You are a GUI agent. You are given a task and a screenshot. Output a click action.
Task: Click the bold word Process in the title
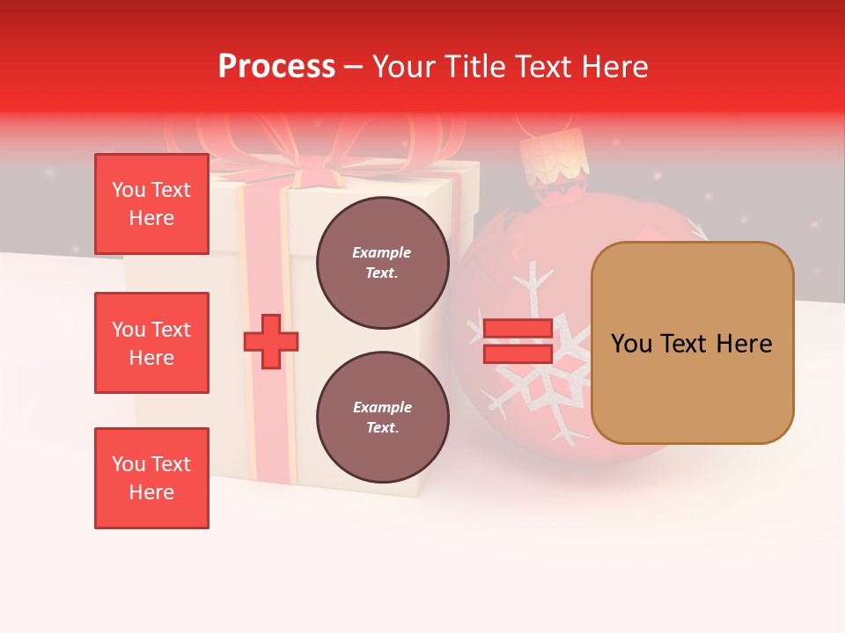pyautogui.click(x=276, y=66)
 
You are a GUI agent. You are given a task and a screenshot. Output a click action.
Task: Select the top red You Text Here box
pyautogui.click(x=151, y=204)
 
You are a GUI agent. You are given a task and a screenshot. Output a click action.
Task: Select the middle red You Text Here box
pyautogui.click(x=151, y=343)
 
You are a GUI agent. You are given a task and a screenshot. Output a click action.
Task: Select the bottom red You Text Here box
pyautogui.click(x=151, y=478)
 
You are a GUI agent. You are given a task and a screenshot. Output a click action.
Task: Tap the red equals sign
pyautogui.click(x=518, y=341)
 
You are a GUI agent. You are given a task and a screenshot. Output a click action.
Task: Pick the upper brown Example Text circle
pyautogui.click(x=382, y=263)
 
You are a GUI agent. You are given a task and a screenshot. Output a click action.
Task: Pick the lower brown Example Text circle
pyautogui.click(x=382, y=418)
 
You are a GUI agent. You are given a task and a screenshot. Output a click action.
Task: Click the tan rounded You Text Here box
pyautogui.click(x=692, y=343)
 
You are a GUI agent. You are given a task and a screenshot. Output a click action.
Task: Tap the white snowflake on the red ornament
pyautogui.click(x=537, y=369)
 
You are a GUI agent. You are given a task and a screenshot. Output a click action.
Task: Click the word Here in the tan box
pyautogui.click(x=744, y=344)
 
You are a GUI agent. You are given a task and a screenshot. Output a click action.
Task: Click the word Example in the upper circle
pyautogui.click(x=382, y=252)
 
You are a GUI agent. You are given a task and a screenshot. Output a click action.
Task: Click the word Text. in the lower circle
pyautogui.click(x=382, y=428)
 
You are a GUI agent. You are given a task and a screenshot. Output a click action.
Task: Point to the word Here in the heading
pyautogui.click(x=615, y=66)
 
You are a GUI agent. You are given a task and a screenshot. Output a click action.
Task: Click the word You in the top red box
pyautogui.click(x=128, y=190)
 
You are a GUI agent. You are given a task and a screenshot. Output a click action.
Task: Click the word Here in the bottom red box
pyautogui.click(x=151, y=492)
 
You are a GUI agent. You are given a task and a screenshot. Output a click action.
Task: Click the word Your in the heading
pyautogui.click(x=404, y=66)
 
